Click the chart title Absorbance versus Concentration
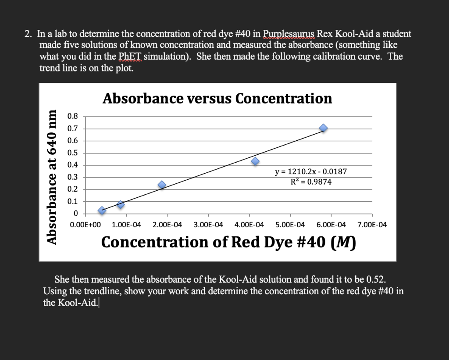click(x=217, y=98)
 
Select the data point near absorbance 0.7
click(x=323, y=128)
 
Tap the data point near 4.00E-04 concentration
click(x=255, y=161)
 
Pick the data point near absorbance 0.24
click(x=162, y=185)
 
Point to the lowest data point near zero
click(x=102, y=210)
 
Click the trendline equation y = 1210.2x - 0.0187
click(x=311, y=172)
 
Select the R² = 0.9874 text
click(x=311, y=182)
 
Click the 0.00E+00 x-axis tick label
click(x=85, y=225)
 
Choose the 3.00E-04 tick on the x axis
click(x=208, y=225)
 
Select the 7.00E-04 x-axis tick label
click(x=372, y=225)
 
